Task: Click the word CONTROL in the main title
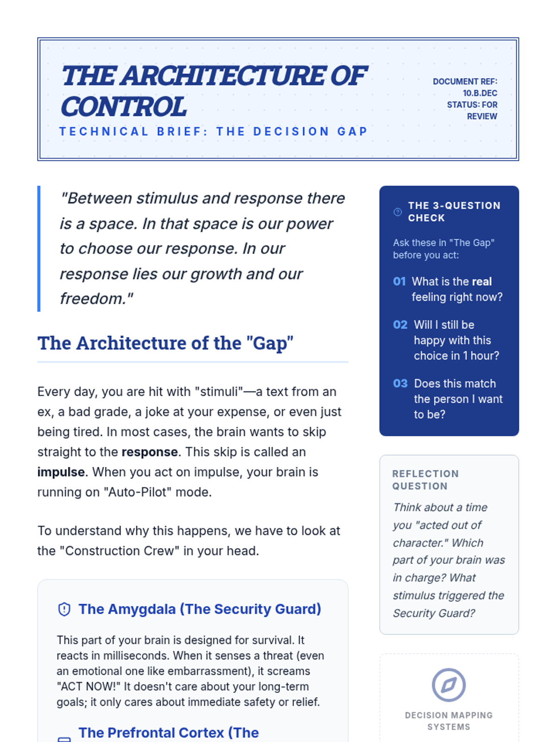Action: coord(124,107)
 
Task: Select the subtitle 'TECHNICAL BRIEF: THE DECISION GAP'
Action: coord(213,132)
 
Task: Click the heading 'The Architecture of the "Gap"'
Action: coord(165,343)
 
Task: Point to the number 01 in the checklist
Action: coord(399,281)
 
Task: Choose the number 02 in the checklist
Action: coord(400,325)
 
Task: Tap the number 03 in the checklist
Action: coord(400,384)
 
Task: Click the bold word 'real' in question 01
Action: coord(481,281)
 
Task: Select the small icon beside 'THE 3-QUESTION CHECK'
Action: coord(398,212)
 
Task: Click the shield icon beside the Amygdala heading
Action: coord(64,609)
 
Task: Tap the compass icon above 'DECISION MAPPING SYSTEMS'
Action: coord(449,684)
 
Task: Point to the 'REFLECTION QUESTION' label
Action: coord(425,480)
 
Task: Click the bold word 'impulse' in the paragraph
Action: coord(61,472)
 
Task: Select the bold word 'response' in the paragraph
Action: coord(150,452)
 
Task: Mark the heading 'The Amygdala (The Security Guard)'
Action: coord(200,609)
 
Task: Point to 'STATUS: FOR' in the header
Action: coord(472,105)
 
